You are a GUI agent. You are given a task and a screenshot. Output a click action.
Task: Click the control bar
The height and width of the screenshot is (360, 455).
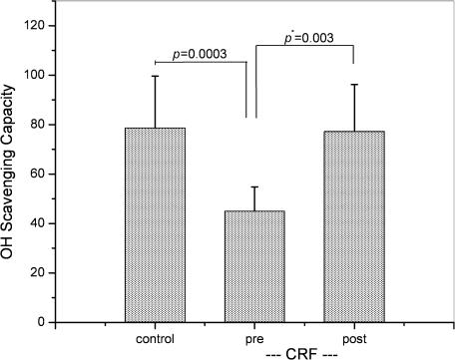(155, 224)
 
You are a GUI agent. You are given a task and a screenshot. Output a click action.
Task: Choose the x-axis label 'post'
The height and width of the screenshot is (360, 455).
(354, 338)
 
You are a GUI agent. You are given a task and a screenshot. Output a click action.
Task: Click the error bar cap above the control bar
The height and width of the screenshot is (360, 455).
(155, 76)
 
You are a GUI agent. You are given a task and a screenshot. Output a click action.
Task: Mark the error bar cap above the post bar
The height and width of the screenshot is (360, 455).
(354, 85)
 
